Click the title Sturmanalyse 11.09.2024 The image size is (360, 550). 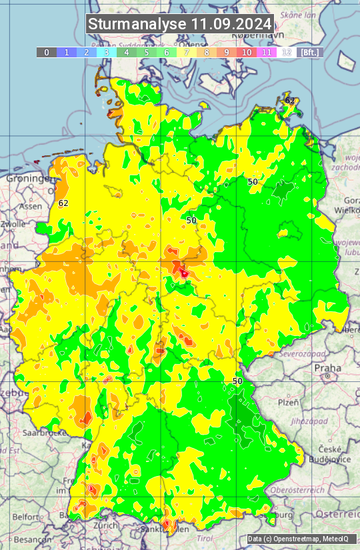pos(180,24)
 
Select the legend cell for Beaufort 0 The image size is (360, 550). pos(46,52)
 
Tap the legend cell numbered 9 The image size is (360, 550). pos(227,52)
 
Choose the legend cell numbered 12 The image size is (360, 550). pos(287,52)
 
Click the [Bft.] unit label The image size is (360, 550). pos(310,52)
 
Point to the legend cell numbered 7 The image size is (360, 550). pos(187,52)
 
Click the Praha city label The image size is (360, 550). pos(328,367)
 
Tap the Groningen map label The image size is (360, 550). pos(28,179)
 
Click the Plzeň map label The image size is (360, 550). pos(288,402)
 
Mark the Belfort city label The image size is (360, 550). pos(27,516)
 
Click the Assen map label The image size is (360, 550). pos(30,207)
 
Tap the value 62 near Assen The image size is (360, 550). pos(63,203)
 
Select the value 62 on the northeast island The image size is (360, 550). pos(290,101)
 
